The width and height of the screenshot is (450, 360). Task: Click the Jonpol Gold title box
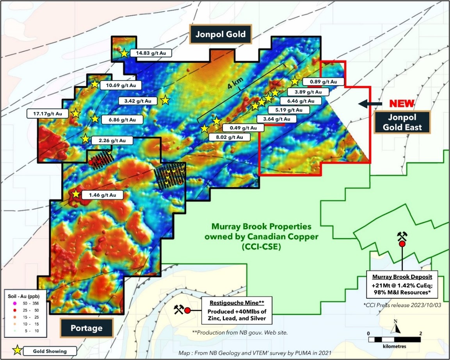pos(221,34)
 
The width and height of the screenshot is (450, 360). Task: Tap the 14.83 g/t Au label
pos(151,53)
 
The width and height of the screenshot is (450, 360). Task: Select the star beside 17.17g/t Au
pos(76,114)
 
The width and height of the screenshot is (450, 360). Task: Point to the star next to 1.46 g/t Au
pos(76,194)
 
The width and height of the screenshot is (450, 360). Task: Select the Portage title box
pos(86,328)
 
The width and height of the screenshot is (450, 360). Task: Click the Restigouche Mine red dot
pos(187,310)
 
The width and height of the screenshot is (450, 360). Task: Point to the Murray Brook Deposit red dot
pos(402,244)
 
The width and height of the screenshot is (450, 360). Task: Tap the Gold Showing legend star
pos(17,351)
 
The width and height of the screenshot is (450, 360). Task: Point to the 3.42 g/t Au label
pos(138,101)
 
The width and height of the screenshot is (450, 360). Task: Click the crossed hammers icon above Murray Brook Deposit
pos(402,235)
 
